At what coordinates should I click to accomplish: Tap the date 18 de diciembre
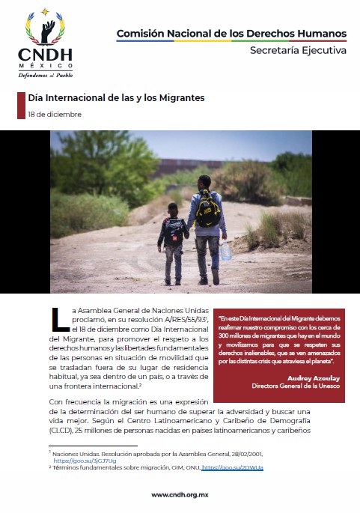click(x=54, y=115)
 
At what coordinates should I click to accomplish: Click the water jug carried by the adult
click(x=225, y=250)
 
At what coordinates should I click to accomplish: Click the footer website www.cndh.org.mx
click(x=180, y=494)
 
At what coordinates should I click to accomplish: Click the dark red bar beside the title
click(x=20, y=106)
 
